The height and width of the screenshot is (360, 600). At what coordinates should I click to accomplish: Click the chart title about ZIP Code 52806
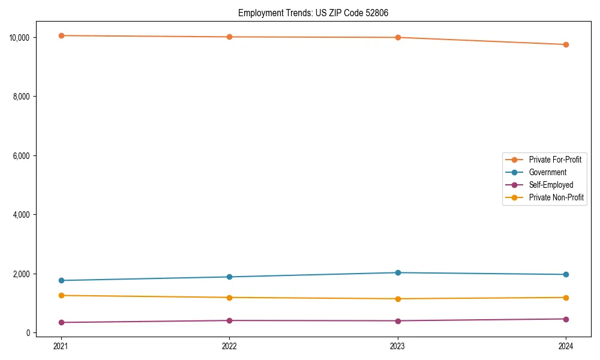point(313,13)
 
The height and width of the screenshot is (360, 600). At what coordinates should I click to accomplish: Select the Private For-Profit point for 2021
point(61,35)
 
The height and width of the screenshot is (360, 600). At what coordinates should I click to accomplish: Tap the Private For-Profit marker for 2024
point(566,44)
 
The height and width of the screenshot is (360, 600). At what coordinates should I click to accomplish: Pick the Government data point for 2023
point(398,272)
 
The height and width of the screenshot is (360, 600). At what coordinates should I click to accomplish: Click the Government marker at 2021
point(61,280)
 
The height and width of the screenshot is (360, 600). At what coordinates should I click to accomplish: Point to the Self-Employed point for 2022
point(229,320)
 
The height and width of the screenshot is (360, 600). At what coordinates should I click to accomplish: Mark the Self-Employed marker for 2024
point(566,319)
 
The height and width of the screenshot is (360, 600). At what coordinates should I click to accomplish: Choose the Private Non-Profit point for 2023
point(398,299)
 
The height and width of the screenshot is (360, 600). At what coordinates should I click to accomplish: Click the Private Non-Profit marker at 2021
point(61,295)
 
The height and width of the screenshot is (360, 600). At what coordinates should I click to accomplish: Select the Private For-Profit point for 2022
point(229,37)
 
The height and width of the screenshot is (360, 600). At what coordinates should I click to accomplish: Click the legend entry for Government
point(547,172)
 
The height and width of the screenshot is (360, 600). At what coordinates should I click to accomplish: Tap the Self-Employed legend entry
point(551,185)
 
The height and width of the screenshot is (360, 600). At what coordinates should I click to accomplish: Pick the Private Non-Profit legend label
point(556,197)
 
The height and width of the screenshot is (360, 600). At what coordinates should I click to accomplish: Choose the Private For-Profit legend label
point(555,160)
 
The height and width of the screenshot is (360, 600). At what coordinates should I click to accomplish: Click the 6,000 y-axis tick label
point(25,155)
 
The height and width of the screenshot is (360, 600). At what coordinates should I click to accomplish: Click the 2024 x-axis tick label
point(566,346)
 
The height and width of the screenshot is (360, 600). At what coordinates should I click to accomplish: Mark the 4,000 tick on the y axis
point(25,215)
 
